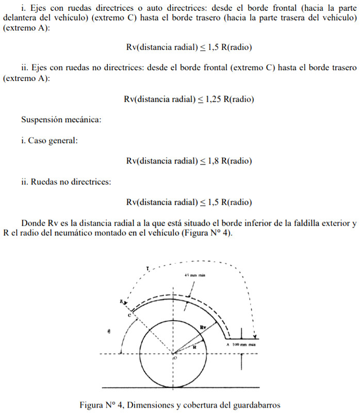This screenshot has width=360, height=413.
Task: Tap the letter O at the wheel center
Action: (175, 357)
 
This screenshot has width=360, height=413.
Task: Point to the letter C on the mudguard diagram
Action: (130, 314)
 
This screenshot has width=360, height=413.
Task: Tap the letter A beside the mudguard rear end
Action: (227, 344)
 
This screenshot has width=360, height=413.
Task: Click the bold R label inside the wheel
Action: (194, 347)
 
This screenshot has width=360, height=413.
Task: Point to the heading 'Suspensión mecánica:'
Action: (61, 120)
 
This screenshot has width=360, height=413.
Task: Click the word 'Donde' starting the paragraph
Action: (32, 223)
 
